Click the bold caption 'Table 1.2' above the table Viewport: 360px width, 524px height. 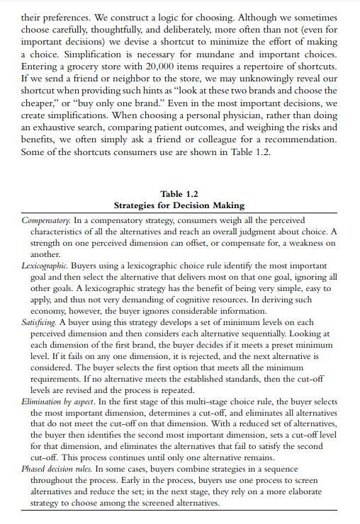(179, 193)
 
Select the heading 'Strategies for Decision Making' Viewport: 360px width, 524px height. (179, 205)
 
